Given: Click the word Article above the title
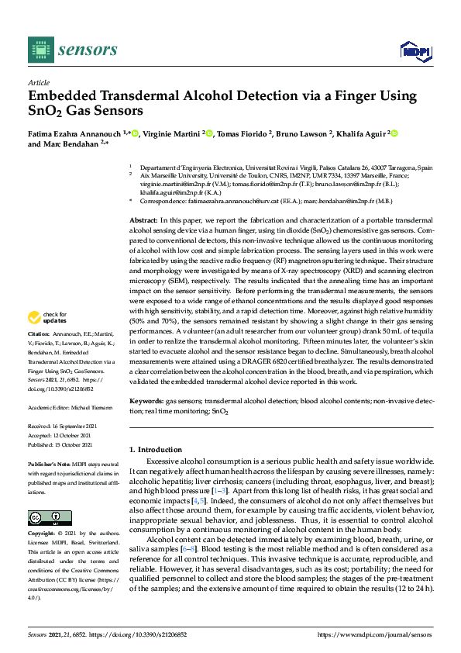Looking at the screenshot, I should pos(38,82).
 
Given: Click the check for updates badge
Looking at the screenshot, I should pos(46,316).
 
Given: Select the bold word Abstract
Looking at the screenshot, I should pos(145,220).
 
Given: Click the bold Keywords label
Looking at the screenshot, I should pos(146,402).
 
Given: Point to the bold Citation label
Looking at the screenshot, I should pos(40,333).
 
